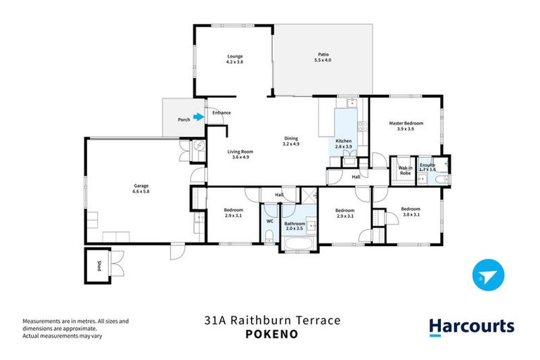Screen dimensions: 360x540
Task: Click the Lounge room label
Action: coord(234,56)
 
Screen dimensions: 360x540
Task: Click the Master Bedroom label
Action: coord(406,123)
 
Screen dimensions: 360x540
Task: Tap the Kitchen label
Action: coord(343,141)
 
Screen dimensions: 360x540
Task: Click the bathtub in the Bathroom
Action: coord(300,245)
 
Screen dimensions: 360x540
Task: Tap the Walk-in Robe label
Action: coord(405,169)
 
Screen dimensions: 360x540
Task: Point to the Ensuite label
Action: coord(427,165)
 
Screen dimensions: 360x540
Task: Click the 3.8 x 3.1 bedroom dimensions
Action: coord(411,214)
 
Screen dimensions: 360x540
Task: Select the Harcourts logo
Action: coord(471,326)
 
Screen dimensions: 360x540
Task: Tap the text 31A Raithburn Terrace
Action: coord(271,321)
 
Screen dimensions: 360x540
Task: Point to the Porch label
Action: coord(184,119)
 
